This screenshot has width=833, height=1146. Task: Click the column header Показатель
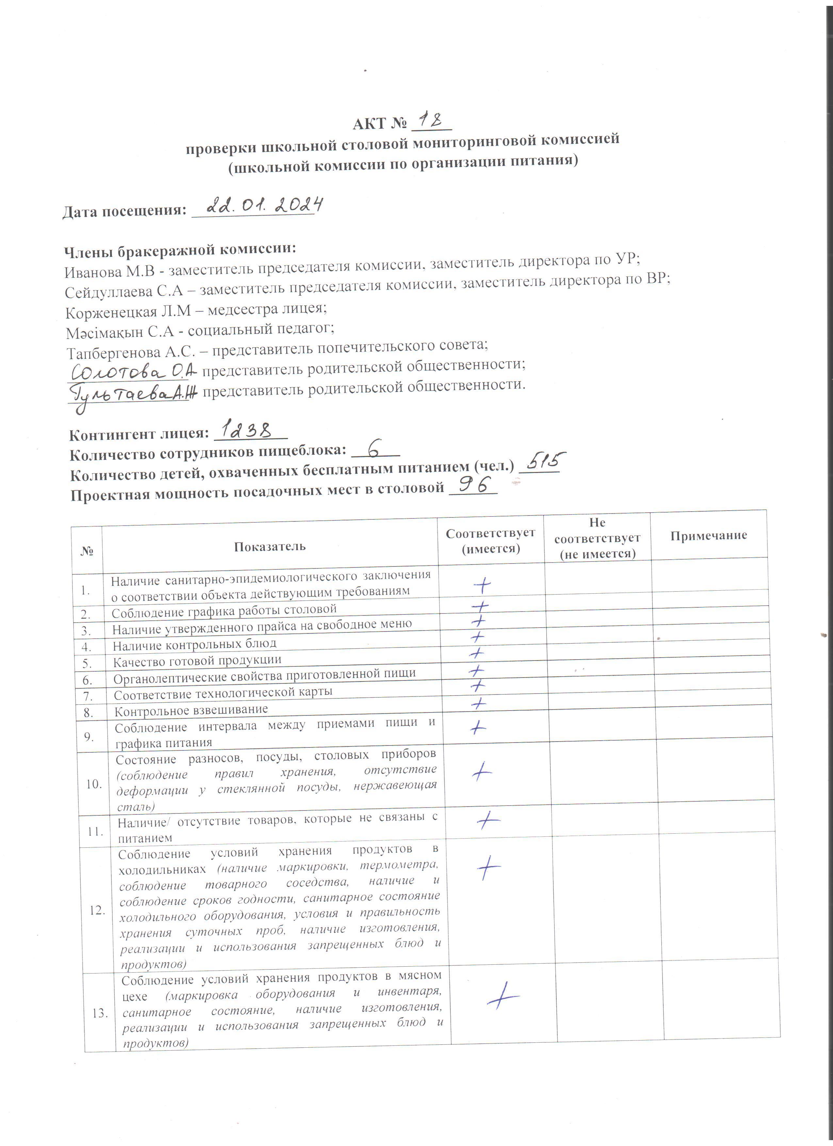pyautogui.click(x=270, y=546)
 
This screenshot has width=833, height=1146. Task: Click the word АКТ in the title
pyautogui.click(x=369, y=124)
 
